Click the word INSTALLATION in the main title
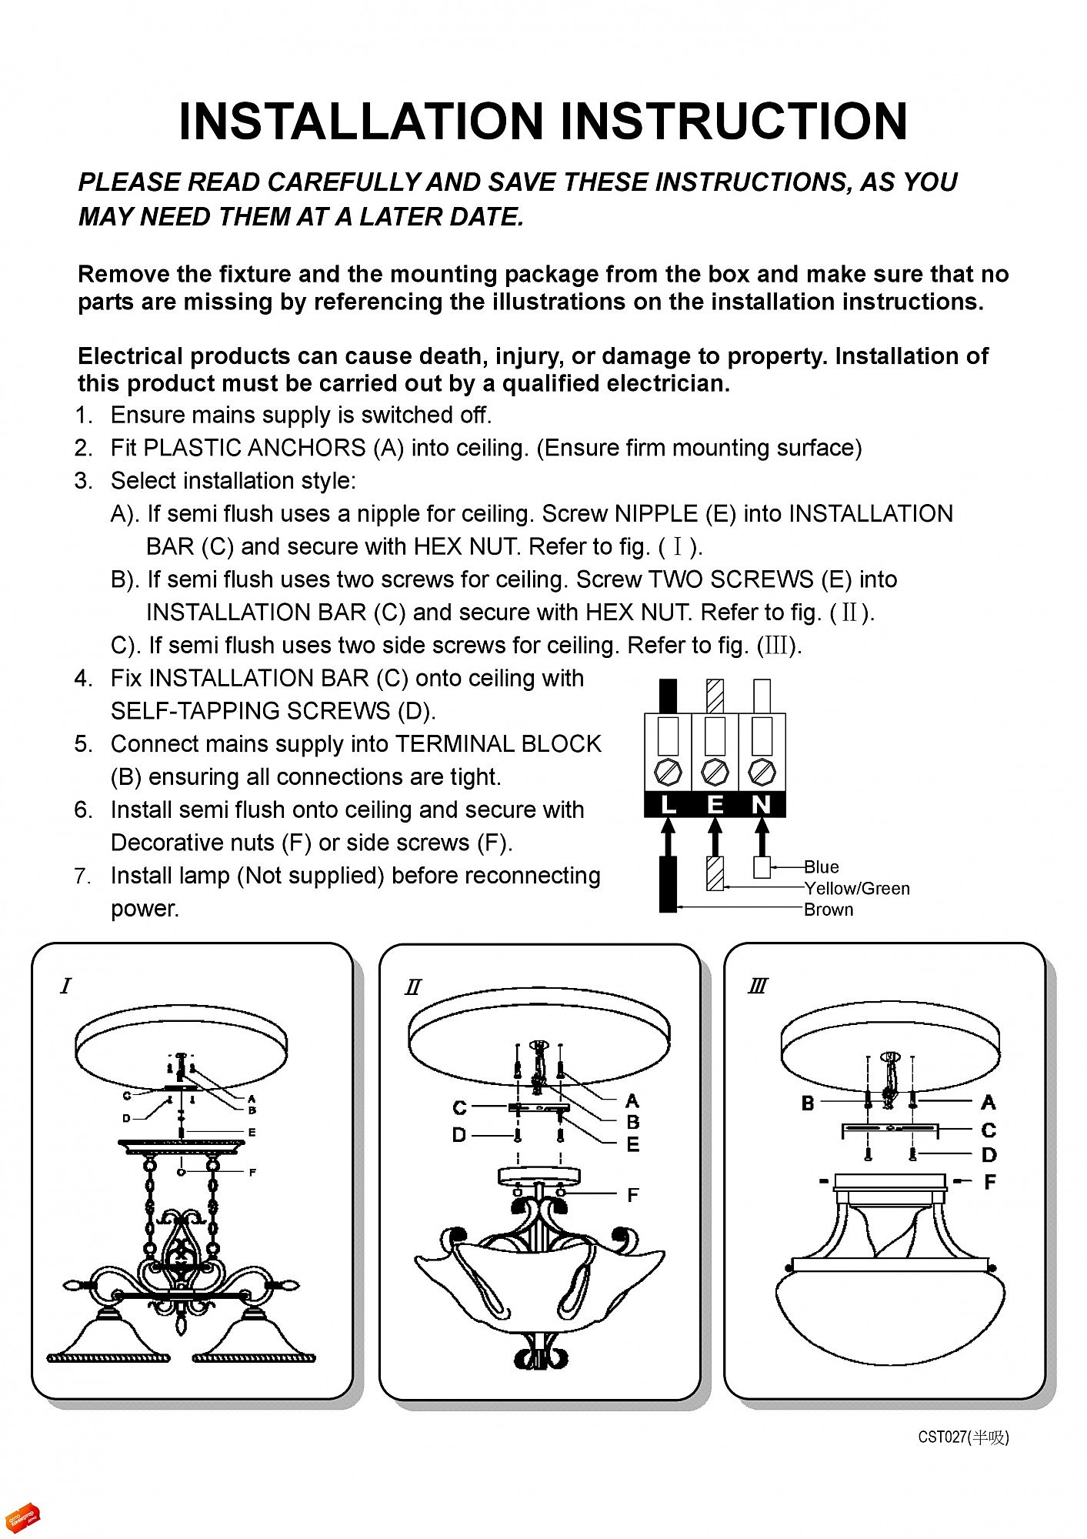[x=362, y=122]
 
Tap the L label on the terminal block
[x=669, y=805]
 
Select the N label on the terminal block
[x=762, y=805]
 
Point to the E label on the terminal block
[x=715, y=805]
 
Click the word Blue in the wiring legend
[x=822, y=867]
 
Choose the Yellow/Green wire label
[x=857, y=889]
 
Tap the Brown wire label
[x=829, y=910]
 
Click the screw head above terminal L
[x=669, y=772]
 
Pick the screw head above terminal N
[x=762, y=772]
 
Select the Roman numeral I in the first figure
[x=65, y=986]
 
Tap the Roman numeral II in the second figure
[x=413, y=987]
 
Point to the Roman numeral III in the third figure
[x=758, y=986]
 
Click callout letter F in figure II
[x=632, y=1195]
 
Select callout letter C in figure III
[x=989, y=1130]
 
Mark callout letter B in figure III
[x=808, y=1103]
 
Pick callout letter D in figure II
[x=459, y=1135]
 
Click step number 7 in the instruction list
[x=83, y=876]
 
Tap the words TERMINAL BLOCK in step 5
[x=498, y=744]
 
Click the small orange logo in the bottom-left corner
[x=22, y=1518]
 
